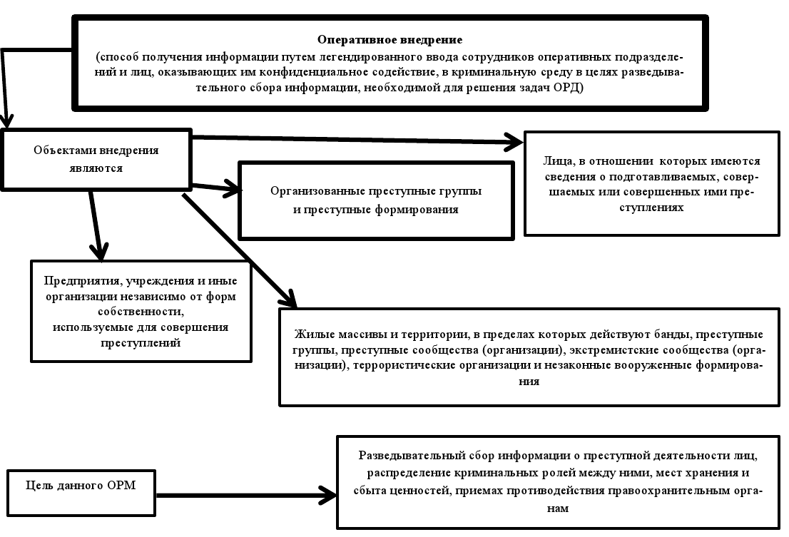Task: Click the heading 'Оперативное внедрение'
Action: point(390,39)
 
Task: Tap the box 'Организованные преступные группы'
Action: point(376,200)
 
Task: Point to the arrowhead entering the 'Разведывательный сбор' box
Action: point(329,493)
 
